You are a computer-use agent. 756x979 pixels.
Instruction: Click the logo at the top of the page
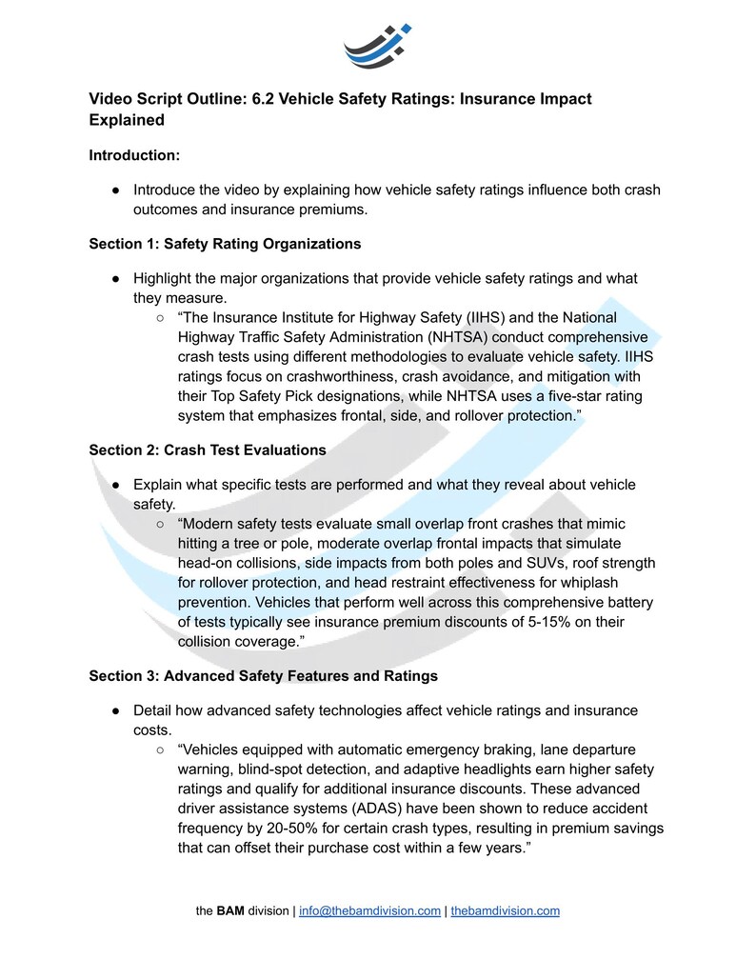coord(377,46)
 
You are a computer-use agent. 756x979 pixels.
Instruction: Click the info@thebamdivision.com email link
coord(369,910)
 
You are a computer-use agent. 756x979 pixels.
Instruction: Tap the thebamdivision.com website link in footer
coord(505,910)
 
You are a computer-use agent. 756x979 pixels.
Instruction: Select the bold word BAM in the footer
coord(230,910)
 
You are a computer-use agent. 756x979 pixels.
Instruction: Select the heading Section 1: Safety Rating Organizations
coord(225,244)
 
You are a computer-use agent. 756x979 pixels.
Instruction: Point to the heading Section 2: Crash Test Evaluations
coord(207,450)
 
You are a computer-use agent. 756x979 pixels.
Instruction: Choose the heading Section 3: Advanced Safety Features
coord(263,676)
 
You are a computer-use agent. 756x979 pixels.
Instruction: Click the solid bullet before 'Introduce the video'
coord(114,190)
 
